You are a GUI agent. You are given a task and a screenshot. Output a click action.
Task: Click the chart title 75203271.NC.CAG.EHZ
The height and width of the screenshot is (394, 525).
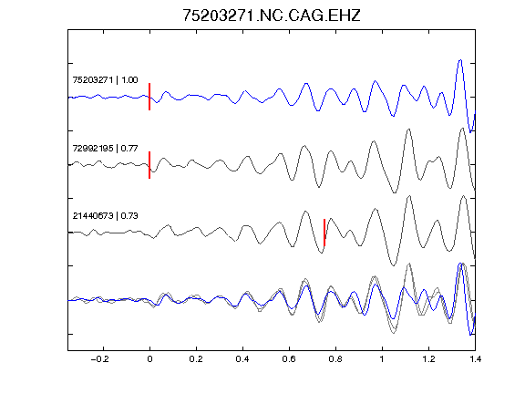[272, 16]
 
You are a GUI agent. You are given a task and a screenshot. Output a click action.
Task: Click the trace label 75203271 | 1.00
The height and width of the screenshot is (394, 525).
[105, 79]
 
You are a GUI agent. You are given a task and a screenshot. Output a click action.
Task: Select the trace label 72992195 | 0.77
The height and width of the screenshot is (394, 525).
[105, 148]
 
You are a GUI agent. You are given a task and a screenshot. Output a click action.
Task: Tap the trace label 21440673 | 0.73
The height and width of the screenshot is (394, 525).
[105, 216]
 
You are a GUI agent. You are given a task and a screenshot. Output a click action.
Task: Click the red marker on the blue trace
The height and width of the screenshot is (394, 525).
[149, 97]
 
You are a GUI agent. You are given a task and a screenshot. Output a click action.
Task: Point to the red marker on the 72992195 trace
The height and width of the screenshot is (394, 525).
[149, 165]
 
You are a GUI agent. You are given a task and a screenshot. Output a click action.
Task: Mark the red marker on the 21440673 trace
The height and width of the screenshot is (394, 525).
[324, 233]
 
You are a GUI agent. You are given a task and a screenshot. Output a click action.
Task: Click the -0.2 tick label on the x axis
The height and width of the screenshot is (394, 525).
[100, 359]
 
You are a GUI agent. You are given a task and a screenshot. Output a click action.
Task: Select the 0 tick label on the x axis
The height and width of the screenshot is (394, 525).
[149, 359]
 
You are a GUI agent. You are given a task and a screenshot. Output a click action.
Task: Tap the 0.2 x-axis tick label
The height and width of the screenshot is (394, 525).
[196, 359]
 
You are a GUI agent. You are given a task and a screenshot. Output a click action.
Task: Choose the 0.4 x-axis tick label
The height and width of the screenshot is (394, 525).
[242, 359]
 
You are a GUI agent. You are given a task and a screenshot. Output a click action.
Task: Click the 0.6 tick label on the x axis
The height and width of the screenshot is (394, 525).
[289, 359]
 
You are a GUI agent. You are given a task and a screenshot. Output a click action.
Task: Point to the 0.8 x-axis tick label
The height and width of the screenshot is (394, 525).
[335, 359]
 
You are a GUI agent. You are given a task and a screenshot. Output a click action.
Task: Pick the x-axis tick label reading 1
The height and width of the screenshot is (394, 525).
[382, 359]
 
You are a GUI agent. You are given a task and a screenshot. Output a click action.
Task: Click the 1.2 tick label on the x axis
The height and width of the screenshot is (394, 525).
[428, 359]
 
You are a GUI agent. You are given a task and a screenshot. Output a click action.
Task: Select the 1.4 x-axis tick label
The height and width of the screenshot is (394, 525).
[476, 359]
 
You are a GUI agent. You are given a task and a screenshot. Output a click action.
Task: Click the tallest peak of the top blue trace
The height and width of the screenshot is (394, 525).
[460, 60]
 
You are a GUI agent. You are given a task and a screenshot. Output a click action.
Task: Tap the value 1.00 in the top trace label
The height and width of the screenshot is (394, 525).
[129, 79]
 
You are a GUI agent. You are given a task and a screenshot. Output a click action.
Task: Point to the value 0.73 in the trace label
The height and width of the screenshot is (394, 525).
[129, 216]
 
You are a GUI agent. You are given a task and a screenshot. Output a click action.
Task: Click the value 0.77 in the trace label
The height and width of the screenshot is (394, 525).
[129, 148]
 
